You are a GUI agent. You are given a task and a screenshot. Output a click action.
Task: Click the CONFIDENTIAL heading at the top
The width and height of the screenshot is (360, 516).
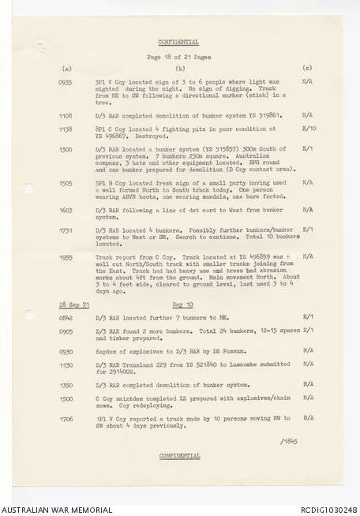click(x=178, y=42)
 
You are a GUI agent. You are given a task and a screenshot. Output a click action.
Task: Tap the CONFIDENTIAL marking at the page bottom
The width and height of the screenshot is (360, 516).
click(x=178, y=455)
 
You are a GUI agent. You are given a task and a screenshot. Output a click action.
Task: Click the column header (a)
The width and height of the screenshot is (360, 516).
click(x=66, y=69)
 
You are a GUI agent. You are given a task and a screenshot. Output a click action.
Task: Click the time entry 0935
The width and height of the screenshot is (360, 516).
click(x=66, y=81)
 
